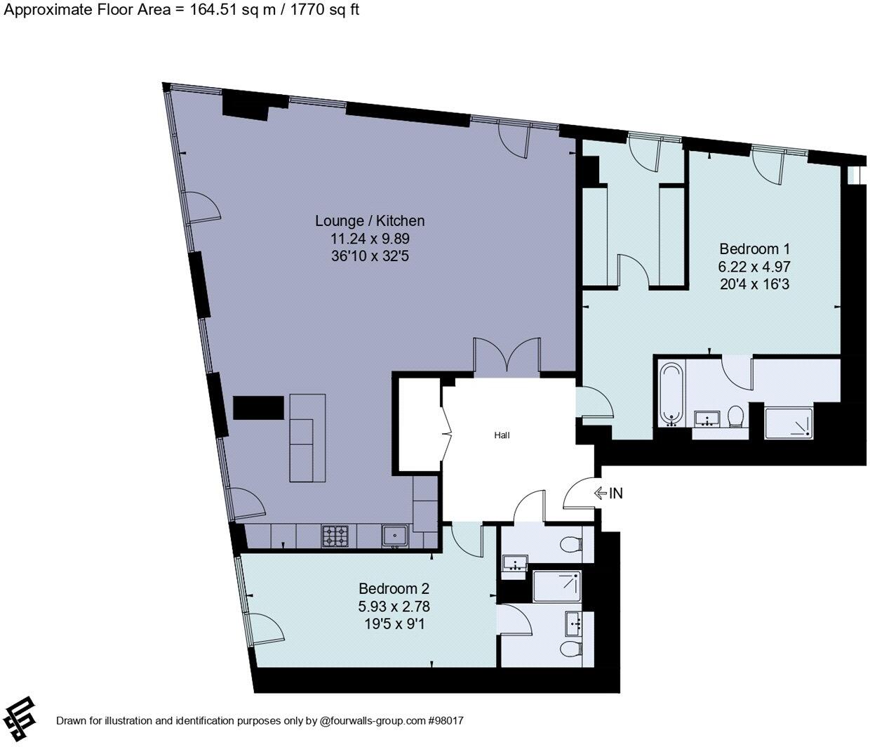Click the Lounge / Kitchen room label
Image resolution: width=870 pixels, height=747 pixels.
point(370,220)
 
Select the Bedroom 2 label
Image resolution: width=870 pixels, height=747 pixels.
point(394,588)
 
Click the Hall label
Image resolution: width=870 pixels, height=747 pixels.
point(502,435)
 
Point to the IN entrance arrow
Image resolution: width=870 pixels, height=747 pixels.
point(608,494)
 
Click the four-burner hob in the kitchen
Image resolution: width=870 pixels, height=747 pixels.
point(335,536)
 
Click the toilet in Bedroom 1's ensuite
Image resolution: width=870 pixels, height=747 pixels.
point(735,416)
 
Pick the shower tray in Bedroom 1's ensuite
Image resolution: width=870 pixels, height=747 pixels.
point(789,423)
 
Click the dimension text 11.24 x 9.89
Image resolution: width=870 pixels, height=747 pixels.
point(370,239)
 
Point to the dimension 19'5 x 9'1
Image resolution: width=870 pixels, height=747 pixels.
point(394,623)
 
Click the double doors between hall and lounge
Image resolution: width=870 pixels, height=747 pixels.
point(507,357)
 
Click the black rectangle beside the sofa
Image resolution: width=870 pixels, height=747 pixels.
point(258,408)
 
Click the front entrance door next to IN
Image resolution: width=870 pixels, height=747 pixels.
point(579,495)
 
